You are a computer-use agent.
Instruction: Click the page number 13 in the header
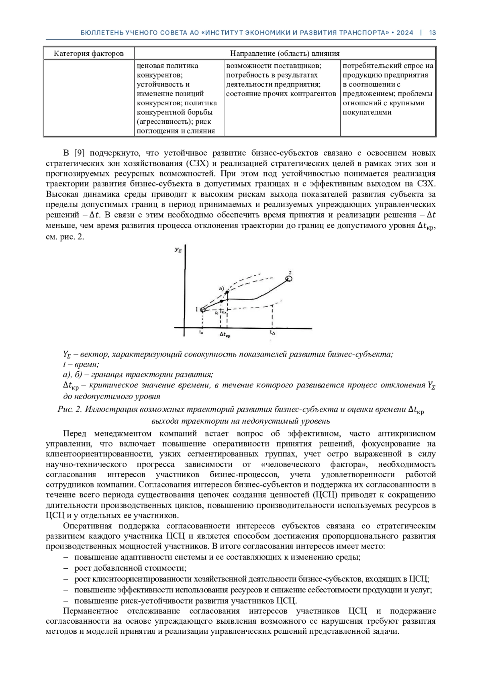click(433, 33)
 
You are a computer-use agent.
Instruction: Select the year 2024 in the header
click(404, 33)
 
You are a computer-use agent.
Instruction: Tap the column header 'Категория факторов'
click(89, 53)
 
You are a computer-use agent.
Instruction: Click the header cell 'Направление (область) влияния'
click(285, 53)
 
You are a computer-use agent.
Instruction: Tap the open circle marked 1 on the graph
click(202, 309)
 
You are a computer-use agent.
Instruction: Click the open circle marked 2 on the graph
click(288, 278)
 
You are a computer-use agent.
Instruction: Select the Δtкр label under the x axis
click(225, 334)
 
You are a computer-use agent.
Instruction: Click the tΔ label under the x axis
click(273, 333)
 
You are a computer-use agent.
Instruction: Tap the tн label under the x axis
click(201, 333)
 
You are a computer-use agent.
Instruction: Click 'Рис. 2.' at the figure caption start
click(70, 410)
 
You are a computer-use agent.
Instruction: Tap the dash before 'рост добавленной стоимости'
click(66, 568)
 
